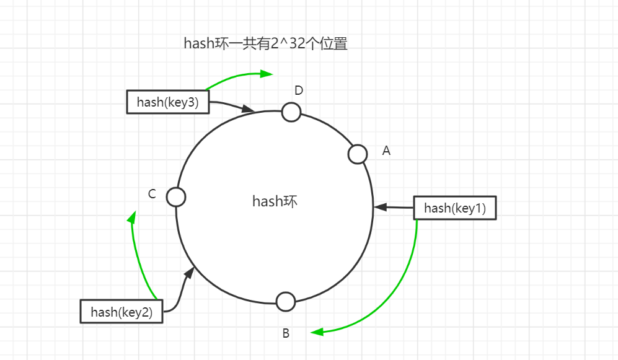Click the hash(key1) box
[455, 208]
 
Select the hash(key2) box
[121, 312]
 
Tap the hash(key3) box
[167, 102]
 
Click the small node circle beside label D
[291, 112]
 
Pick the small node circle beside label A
[358, 154]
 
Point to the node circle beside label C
[176, 197]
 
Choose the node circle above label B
[285, 302]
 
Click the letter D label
[299, 90]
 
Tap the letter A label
[386, 151]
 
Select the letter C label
[152, 194]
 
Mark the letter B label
[286, 333]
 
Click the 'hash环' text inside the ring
[275, 201]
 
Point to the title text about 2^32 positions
[265, 43]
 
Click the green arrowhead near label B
[317, 332]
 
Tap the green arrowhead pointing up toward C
[131, 217]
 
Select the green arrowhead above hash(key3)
[267, 74]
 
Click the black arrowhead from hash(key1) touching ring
[379, 207]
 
